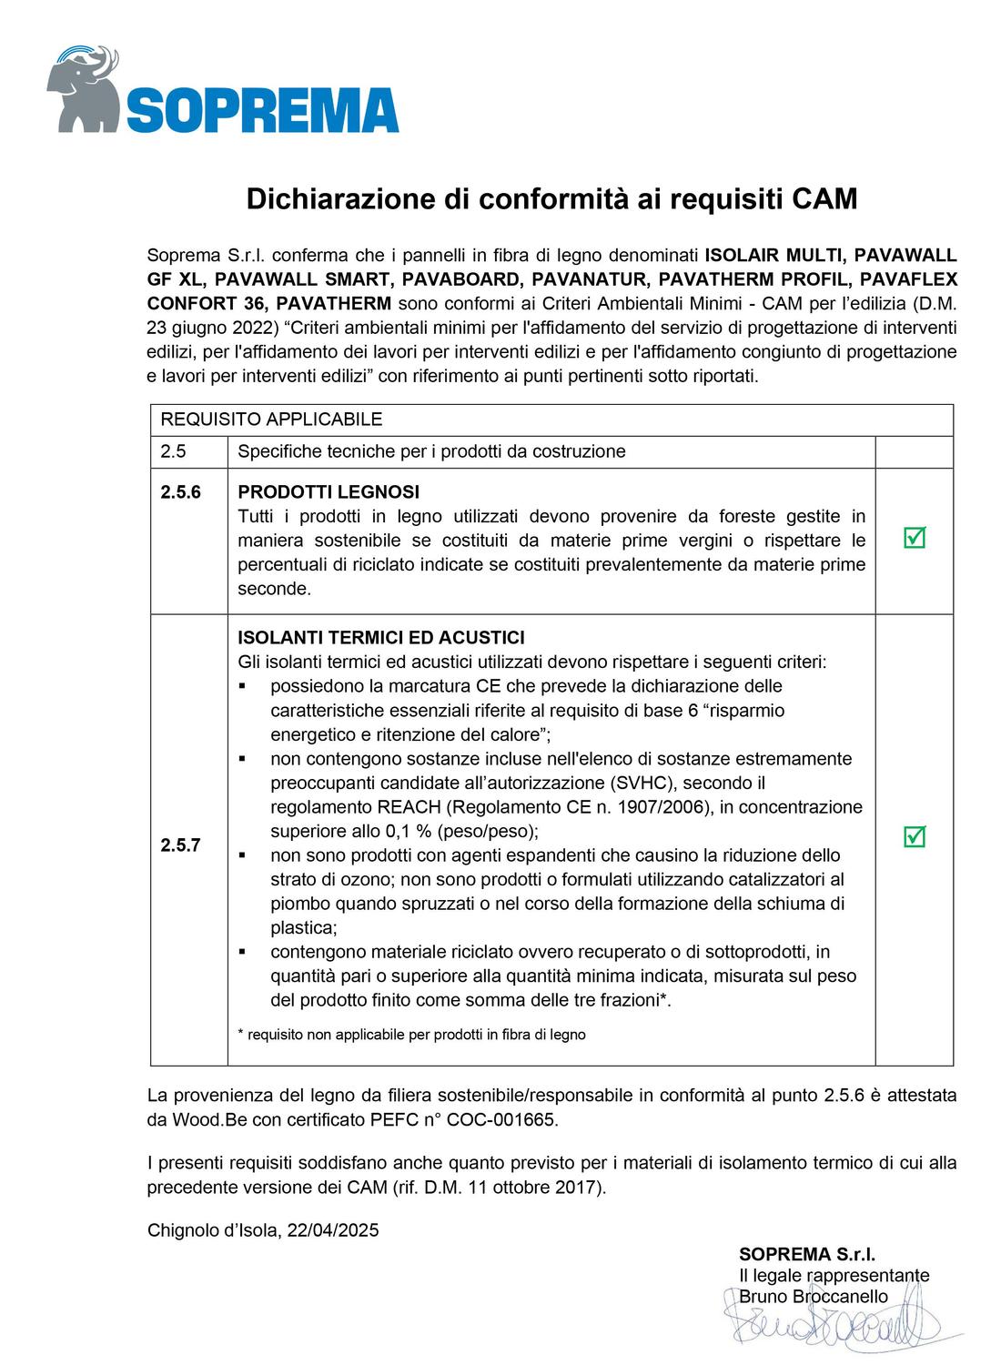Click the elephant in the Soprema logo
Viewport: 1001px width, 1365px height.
click(84, 86)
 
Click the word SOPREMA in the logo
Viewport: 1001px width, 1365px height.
click(262, 111)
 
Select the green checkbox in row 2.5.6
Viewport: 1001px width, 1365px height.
click(914, 538)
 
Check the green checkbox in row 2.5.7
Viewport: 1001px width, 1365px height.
click(914, 836)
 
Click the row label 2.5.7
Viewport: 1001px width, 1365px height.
click(180, 844)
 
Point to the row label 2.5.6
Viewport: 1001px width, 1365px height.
click(180, 492)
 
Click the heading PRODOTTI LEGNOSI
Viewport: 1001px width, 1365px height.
click(329, 492)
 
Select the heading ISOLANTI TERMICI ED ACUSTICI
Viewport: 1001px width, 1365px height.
click(380, 638)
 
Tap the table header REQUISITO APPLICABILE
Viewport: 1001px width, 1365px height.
click(271, 420)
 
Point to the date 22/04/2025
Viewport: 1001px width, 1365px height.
click(333, 1230)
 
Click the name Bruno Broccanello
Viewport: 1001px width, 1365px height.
click(814, 1296)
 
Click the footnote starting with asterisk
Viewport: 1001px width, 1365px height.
click(411, 1034)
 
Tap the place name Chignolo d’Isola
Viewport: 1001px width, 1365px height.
click(213, 1230)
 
